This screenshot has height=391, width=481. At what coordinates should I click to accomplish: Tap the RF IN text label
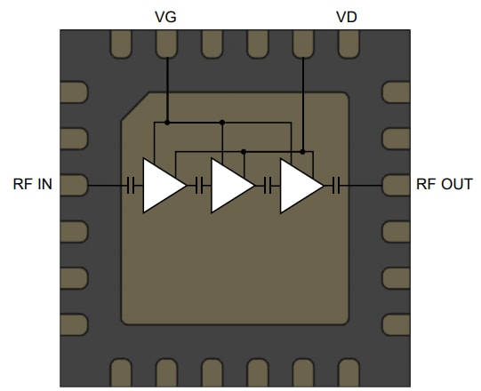click(33, 185)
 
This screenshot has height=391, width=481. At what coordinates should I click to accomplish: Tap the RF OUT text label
click(445, 185)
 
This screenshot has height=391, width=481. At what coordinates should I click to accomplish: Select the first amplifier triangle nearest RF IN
click(162, 186)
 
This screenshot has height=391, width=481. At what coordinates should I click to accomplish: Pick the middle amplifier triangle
click(230, 186)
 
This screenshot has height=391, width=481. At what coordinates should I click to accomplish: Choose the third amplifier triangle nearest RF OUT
click(299, 186)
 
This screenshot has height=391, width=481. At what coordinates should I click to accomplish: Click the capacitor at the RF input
click(131, 186)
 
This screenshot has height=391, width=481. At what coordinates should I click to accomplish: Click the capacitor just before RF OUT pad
click(336, 186)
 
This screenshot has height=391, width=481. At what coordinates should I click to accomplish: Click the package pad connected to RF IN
click(75, 185)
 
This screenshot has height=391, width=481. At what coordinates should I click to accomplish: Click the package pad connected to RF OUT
click(395, 185)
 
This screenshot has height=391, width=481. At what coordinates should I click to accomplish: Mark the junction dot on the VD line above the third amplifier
click(303, 152)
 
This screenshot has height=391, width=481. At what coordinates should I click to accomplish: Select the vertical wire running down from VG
click(167, 84)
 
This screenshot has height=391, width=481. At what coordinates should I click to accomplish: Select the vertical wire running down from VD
click(303, 98)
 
